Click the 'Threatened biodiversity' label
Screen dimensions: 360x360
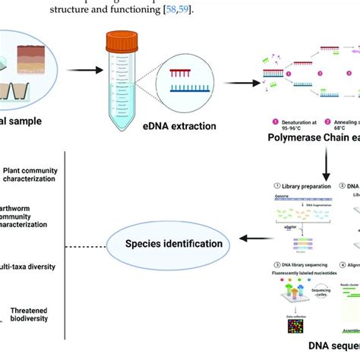31,317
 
